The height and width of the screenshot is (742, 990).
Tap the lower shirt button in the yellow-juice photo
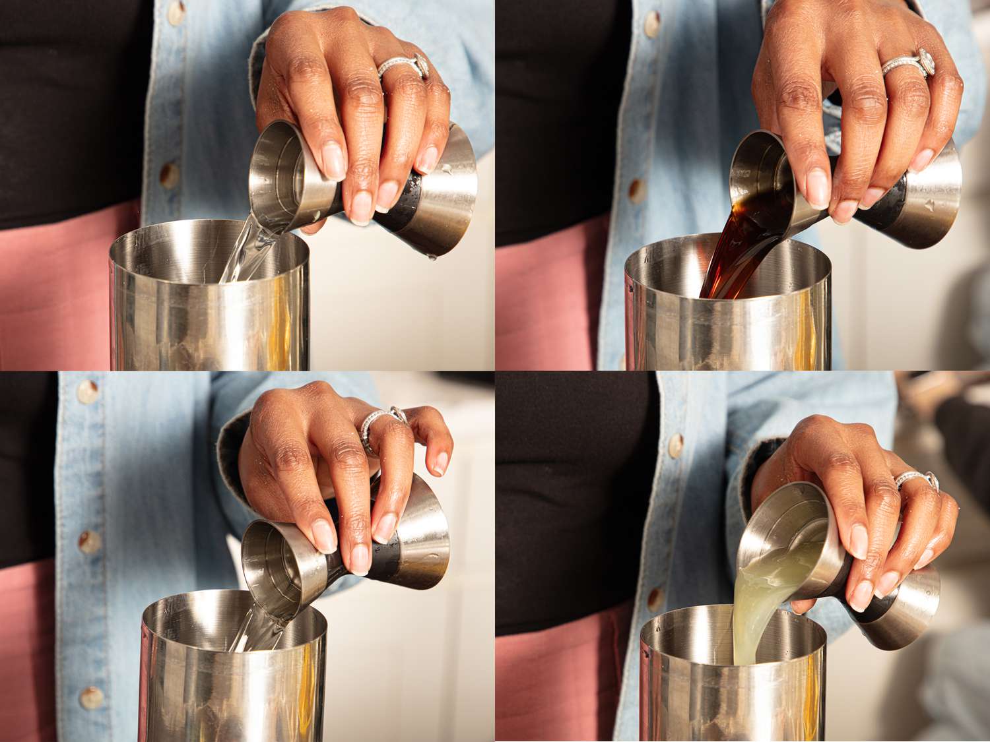point(655,597)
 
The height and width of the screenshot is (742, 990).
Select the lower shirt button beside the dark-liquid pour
point(637,190)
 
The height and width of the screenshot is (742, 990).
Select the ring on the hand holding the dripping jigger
point(403,66)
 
